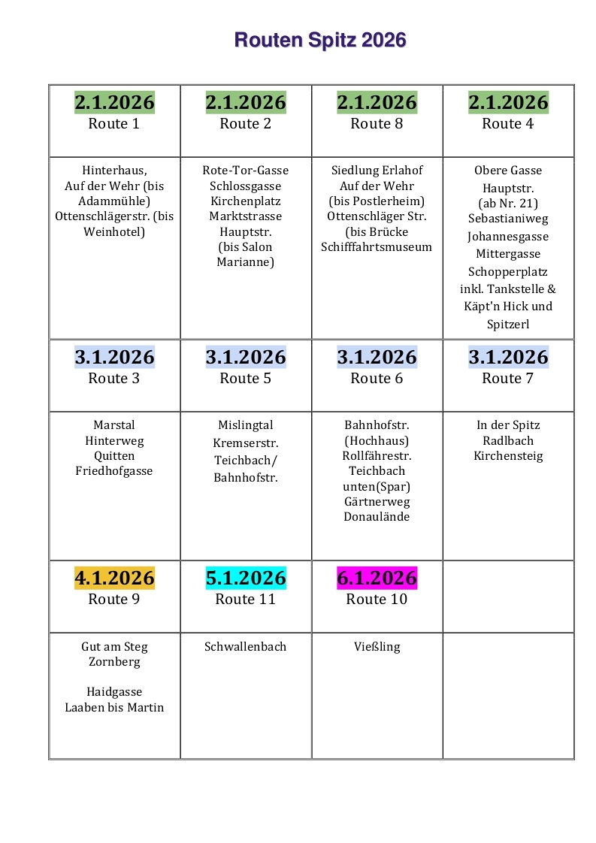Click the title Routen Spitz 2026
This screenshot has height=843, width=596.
pyautogui.click(x=320, y=40)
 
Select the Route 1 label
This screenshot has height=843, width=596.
pyautogui.click(x=114, y=124)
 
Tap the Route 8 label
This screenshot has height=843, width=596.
pyautogui.click(x=377, y=124)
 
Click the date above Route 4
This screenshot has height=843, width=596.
pyautogui.click(x=508, y=102)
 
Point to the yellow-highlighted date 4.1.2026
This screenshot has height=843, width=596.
pyautogui.click(x=114, y=578)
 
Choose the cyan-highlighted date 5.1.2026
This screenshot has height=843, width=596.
pyautogui.click(x=246, y=578)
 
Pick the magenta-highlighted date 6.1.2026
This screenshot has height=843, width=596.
pyautogui.click(x=377, y=578)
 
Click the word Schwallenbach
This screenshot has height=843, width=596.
pyautogui.click(x=246, y=646)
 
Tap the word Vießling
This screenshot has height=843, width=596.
pyautogui.click(x=377, y=646)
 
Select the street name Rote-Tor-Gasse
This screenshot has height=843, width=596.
pyautogui.click(x=246, y=171)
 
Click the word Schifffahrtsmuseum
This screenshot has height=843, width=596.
pyautogui.click(x=377, y=247)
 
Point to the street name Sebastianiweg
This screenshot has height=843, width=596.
pyautogui.click(x=508, y=219)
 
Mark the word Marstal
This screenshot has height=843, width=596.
pyautogui.click(x=114, y=425)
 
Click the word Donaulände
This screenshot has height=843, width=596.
pyautogui.click(x=377, y=517)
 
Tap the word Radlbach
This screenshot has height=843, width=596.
pyautogui.click(x=508, y=440)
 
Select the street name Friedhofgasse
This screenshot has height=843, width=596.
pyautogui.click(x=114, y=471)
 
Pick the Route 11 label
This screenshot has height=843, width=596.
pyautogui.click(x=246, y=600)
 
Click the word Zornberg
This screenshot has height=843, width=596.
pyautogui.click(x=114, y=662)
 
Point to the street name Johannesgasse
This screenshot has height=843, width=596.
pyautogui.click(x=508, y=237)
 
